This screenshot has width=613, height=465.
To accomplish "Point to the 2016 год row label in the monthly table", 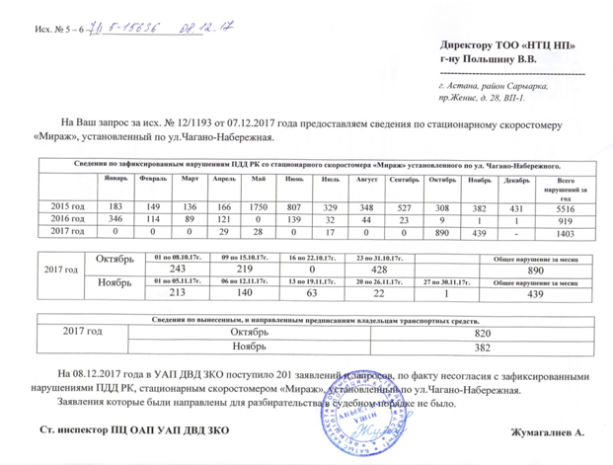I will tap(67, 217).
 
